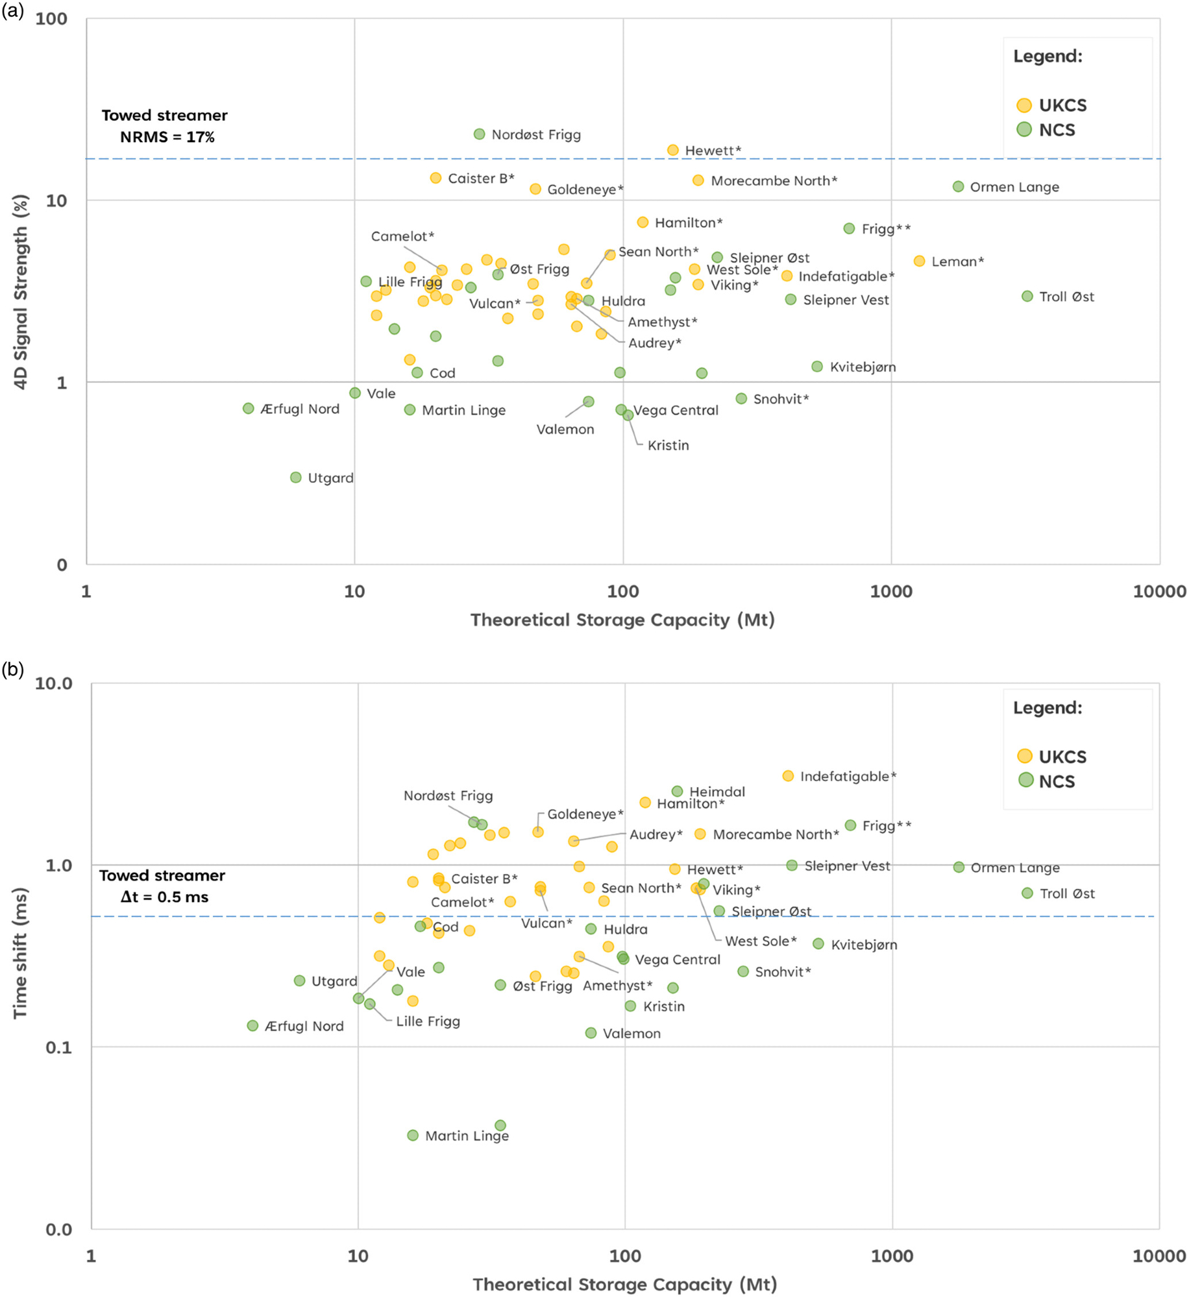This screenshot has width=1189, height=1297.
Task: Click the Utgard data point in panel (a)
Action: pyautogui.click(x=295, y=478)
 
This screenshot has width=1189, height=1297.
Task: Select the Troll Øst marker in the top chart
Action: pyautogui.click(x=1027, y=297)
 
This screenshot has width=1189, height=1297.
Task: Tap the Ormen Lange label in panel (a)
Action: pyautogui.click(x=1014, y=187)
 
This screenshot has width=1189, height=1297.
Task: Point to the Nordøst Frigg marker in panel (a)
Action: pyautogui.click(x=479, y=134)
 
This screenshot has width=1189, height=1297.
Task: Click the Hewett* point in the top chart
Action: pyautogui.click(x=673, y=151)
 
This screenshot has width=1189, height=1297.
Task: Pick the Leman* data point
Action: pyautogui.click(x=919, y=261)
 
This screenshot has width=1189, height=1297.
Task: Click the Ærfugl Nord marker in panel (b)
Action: pyautogui.click(x=252, y=1026)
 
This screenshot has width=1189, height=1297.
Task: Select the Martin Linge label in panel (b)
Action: pyautogui.click(x=467, y=1135)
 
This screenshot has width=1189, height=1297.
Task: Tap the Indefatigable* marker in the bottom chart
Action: pyautogui.click(x=788, y=776)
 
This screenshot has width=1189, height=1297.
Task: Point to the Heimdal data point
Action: pyautogui.click(x=677, y=792)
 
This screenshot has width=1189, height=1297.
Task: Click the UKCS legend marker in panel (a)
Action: pyautogui.click(x=1024, y=105)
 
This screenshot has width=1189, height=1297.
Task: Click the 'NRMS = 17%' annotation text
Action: pyautogui.click(x=167, y=137)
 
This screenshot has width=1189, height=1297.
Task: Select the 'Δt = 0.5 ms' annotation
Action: pyautogui.click(x=164, y=897)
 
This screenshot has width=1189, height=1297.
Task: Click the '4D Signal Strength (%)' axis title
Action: pyautogui.click(x=21, y=292)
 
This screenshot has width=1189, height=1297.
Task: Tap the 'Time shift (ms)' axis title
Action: pyautogui.click(x=21, y=952)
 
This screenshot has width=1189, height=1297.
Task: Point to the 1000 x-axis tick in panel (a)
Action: pyautogui.click(x=890, y=591)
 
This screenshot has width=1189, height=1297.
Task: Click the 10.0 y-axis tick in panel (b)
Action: pyautogui.click(x=53, y=683)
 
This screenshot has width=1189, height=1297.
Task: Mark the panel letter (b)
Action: pyautogui.click(x=12, y=669)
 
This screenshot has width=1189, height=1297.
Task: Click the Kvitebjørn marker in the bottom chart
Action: pyautogui.click(x=818, y=943)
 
